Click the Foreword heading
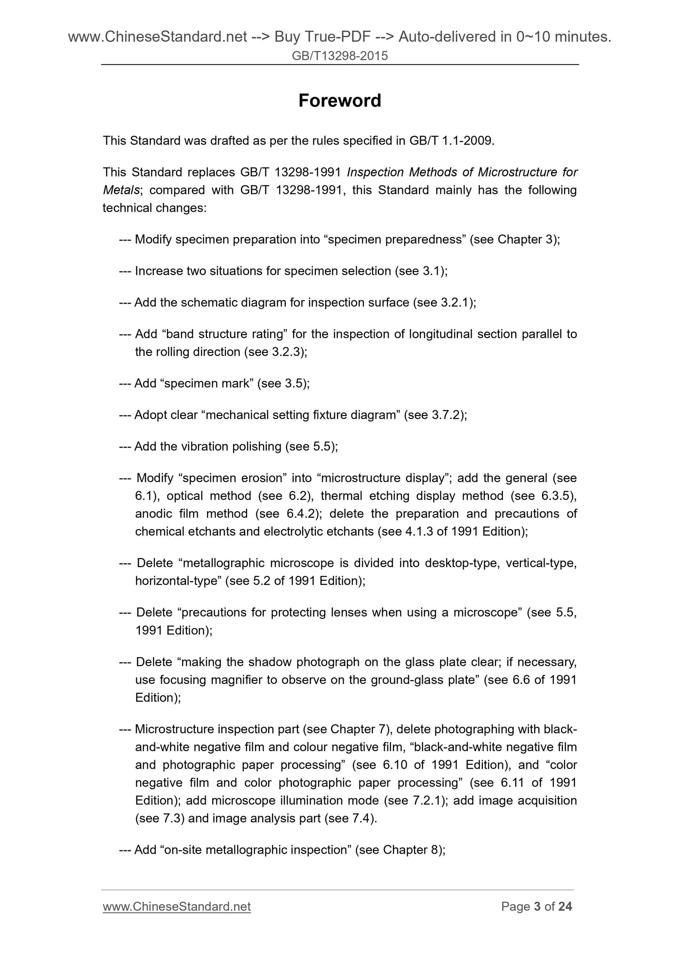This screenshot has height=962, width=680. click(x=339, y=101)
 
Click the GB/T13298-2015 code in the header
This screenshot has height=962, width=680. click(x=340, y=56)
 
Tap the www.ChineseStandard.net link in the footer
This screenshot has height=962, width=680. click(x=176, y=906)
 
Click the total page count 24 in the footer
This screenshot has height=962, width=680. click(x=565, y=906)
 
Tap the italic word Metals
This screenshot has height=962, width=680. click(x=121, y=190)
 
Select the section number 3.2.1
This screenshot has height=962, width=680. click(x=456, y=303)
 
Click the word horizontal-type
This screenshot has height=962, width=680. click(x=178, y=581)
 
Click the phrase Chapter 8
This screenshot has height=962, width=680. click(x=410, y=850)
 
